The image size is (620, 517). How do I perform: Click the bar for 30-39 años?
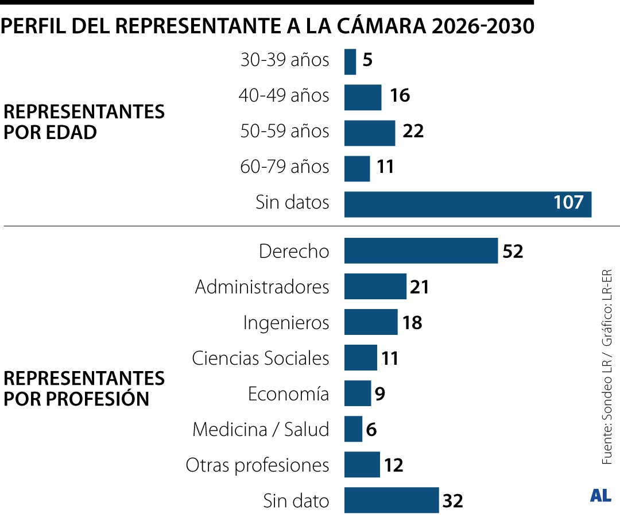point(350,61)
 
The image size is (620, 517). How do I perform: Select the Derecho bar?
point(421,251)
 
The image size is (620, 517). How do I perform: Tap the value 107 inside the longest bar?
point(568,203)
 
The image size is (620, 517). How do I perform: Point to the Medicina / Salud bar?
point(353,429)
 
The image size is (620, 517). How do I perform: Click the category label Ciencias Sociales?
point(261,358)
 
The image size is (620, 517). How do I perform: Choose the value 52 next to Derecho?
point(513,252)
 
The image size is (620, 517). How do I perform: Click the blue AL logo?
point(600,496)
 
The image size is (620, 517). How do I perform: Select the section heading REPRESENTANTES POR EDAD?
point(84,122)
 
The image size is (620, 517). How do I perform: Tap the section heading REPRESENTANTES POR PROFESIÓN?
point(84,388)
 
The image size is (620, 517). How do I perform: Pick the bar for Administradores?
point(375,287)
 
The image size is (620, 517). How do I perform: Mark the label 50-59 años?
point(285,132)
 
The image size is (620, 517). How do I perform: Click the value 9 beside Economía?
point(379,394)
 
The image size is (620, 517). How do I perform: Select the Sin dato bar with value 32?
point(392,500)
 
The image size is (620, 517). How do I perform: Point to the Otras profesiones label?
point(257,465)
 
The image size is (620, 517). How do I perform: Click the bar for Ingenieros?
point(371,322)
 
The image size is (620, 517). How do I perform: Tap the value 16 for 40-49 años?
point(400,96)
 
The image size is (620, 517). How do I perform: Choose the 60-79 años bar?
point(357,168)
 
